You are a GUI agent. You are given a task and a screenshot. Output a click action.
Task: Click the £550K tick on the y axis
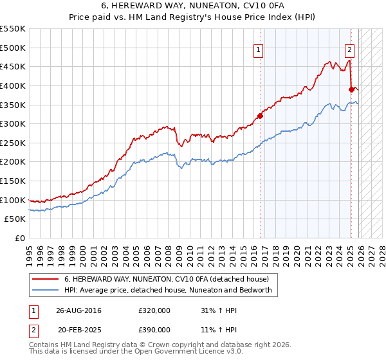point(13,29)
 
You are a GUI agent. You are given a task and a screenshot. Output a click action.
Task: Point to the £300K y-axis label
point(13,123)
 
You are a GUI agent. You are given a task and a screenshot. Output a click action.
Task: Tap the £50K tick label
point(15,219)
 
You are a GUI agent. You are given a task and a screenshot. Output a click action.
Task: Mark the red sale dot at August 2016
point(261,116)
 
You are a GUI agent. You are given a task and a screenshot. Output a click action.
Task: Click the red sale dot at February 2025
point(352,89)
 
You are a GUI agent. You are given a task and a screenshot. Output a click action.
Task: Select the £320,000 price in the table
point(154,310)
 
